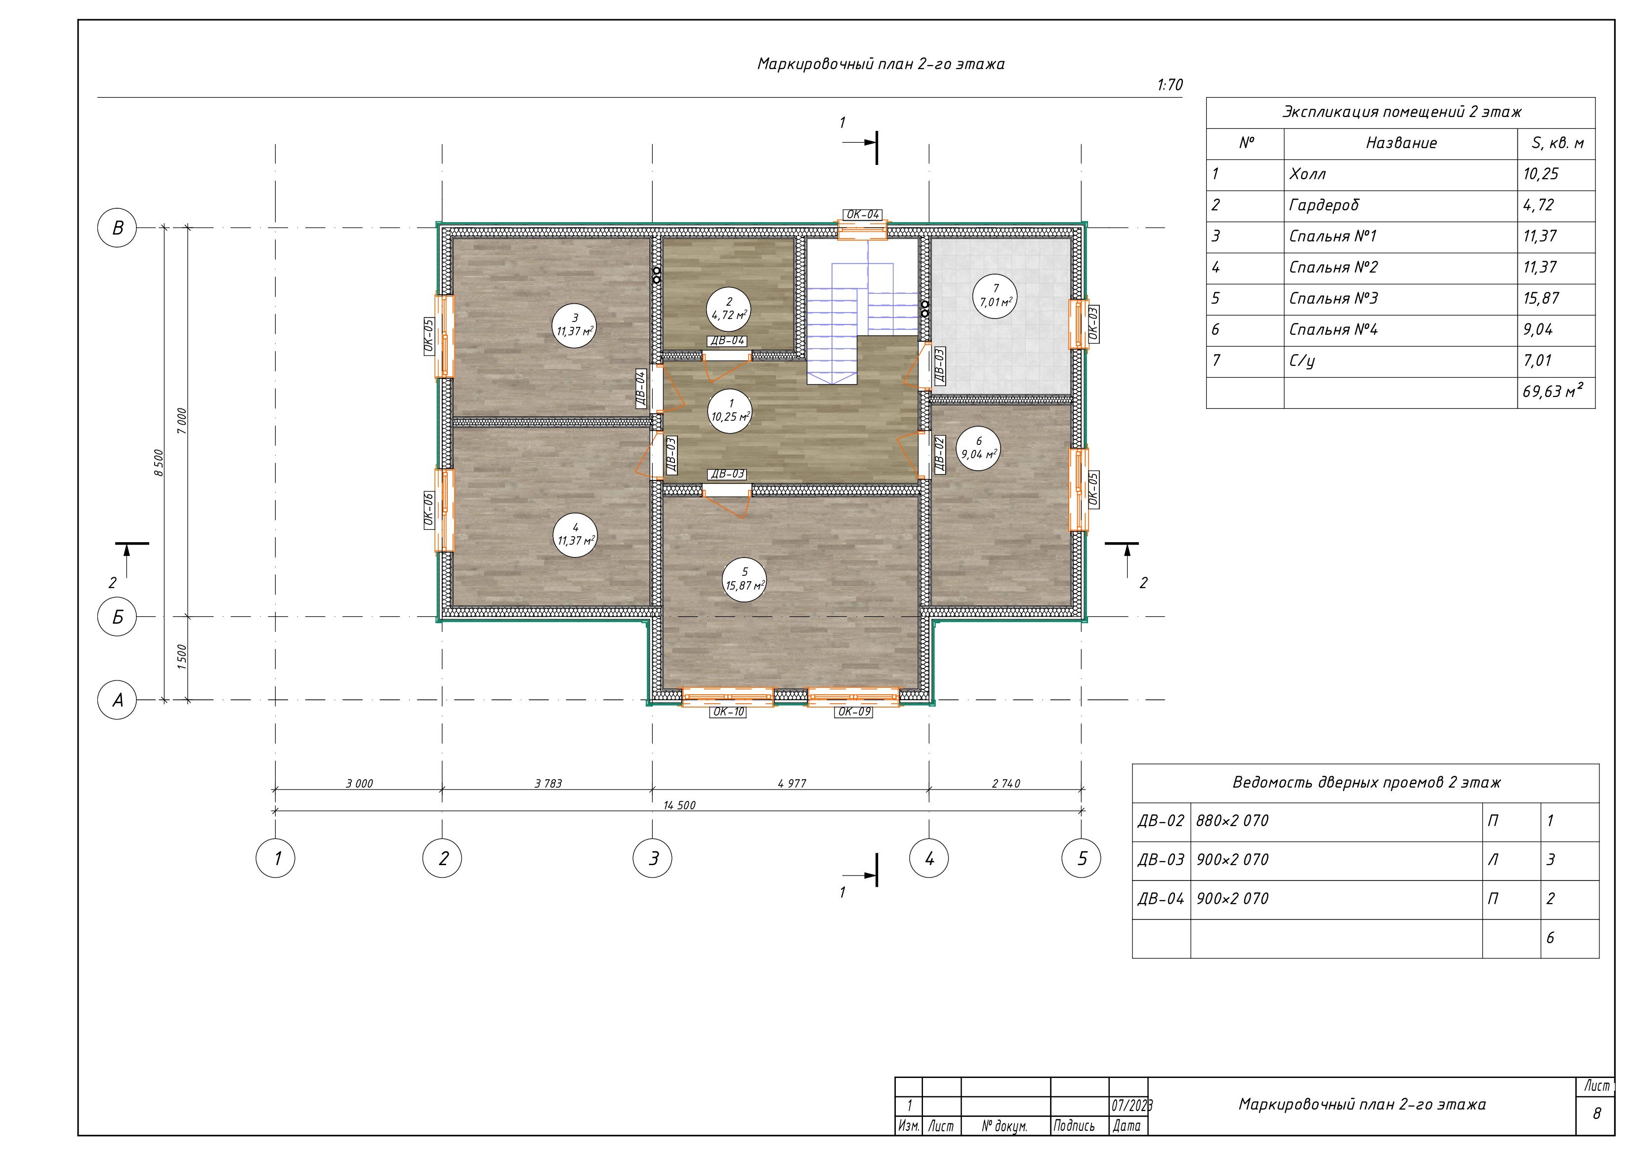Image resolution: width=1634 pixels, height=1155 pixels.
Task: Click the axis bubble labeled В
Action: (x=117, y=228)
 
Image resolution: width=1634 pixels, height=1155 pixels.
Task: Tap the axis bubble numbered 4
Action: (x=929, y=858)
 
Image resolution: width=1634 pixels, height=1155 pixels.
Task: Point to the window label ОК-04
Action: (x=863, y=214)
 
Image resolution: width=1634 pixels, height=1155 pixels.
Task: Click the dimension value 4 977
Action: (x=792, y=784)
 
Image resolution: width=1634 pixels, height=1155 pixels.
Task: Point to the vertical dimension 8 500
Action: (x=160, y=463)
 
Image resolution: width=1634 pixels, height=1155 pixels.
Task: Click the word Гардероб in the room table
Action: (x=1324, y=205)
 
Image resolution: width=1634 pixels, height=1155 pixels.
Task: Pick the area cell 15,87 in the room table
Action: (x=1541, y=298)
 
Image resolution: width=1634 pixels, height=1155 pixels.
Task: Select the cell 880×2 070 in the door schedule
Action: (x=1232, y=821)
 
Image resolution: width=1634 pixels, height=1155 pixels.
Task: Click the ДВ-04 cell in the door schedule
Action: (x=1161, y=899)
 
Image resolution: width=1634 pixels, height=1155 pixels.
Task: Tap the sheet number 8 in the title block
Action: (x=1596, y=1113)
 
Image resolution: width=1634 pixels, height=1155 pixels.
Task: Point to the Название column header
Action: (x=1401, y=143)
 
